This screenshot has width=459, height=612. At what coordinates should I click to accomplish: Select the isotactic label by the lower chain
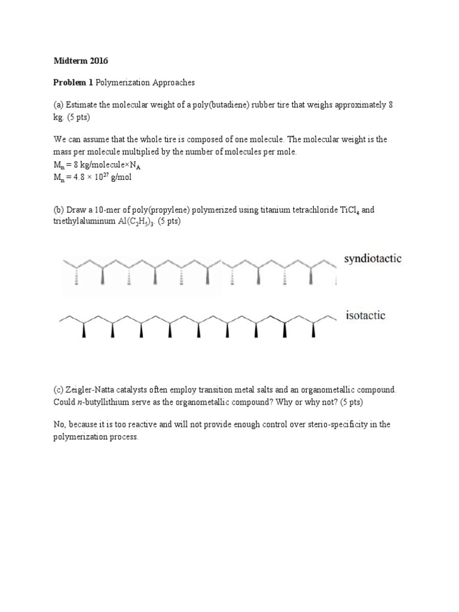coord(366,315)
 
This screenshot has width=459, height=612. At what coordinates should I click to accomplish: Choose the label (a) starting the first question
coord(59,104)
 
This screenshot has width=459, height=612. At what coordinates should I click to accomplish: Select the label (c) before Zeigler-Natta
coord(59,390)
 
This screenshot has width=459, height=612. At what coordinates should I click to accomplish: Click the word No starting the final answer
coord(60,424)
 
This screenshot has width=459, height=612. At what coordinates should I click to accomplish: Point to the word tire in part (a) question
coord(280,104)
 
